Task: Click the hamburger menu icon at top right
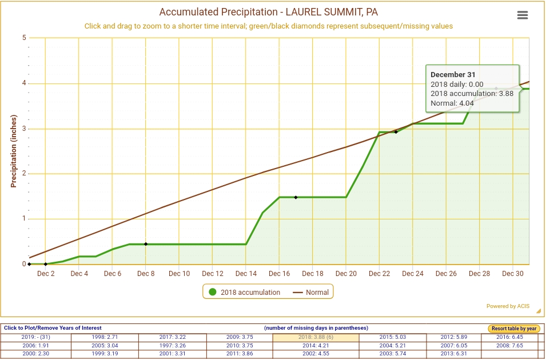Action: click(x=522, y=15)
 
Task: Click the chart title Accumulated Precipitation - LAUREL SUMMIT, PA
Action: click(x=268, y=12)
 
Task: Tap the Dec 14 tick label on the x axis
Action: click(x=246, y=274)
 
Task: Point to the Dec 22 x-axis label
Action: click(x=379, y=274)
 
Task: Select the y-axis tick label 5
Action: click(x=24, y=38)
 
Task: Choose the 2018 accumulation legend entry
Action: click(x=244, y=292)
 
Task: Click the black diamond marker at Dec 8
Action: click(x=146, y=244)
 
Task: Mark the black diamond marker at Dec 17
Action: click(x=296, y=197)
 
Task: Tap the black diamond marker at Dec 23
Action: click(x=396, y=132)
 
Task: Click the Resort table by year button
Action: click(x=513, y=329)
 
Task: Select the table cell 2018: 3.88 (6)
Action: click(x=316, y=337)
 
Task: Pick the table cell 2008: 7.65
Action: click(x=509, y=345)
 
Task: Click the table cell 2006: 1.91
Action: click(x=37, y=345)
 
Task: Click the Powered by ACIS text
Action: click(x=508, y=306)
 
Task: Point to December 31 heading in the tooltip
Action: click(x=453, y=74)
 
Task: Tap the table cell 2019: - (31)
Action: click(x=37, y=337)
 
